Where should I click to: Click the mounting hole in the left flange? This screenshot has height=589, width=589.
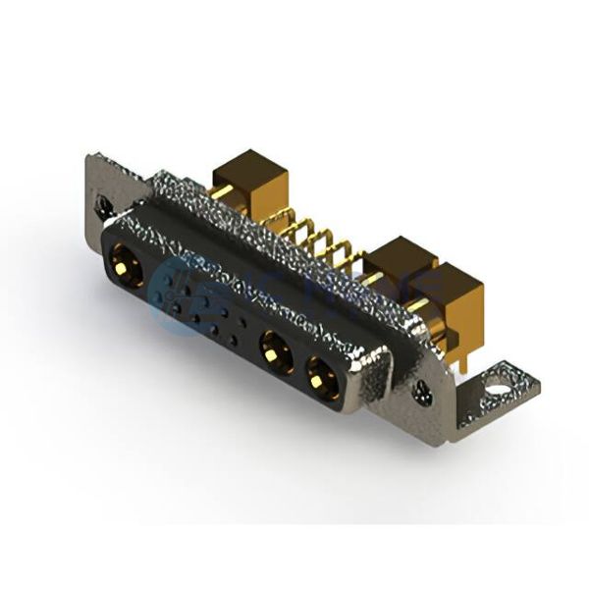point(102,203)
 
